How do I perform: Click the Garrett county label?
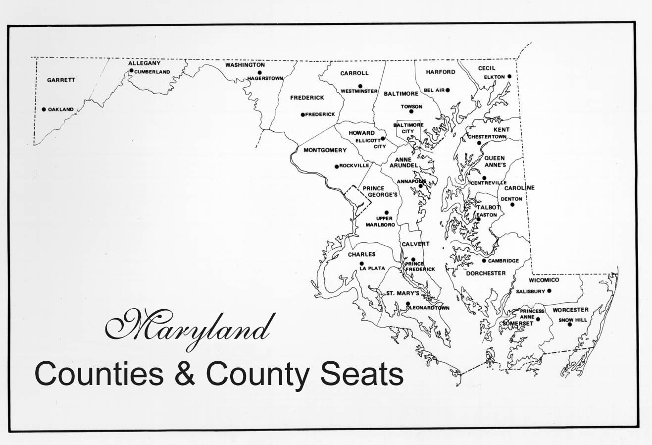61,80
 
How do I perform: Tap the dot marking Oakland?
44,110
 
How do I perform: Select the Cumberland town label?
152,72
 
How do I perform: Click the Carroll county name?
354,73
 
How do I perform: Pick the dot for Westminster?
360,86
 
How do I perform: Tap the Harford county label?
440,72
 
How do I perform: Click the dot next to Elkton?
509,77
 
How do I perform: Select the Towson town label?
411,107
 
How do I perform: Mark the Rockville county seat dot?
337,167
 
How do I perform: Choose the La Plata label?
372,269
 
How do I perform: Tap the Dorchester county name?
486,273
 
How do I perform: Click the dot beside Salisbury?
549,291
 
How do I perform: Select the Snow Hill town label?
573,320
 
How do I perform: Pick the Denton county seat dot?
512,205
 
